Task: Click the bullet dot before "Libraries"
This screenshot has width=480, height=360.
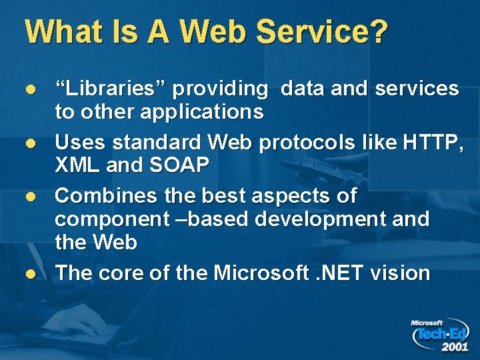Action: click(x=29, y=89)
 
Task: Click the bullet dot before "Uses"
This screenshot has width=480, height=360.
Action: click(x=29, y=143)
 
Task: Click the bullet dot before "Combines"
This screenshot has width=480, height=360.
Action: click(x=29, y=197)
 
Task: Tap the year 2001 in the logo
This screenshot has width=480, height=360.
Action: click(x=454, y=347)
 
